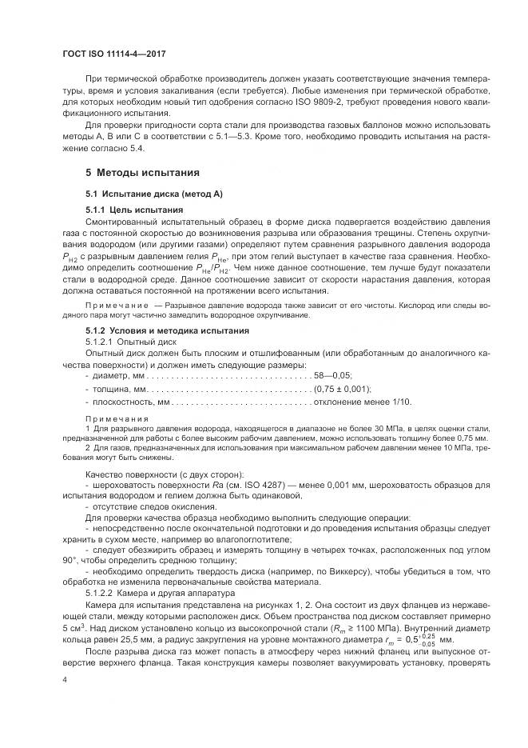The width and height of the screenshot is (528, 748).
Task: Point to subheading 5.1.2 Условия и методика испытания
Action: point(168,330)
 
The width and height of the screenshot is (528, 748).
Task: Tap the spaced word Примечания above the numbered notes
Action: point(117,419)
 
